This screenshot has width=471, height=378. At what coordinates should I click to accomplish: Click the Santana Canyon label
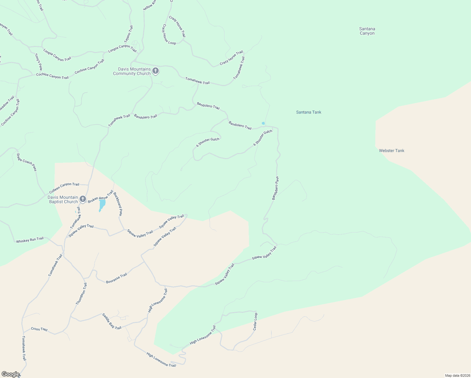pos(367,31)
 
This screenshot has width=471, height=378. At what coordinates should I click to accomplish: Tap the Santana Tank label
pos(309,112)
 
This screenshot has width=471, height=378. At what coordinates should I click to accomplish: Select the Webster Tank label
pos(391,151)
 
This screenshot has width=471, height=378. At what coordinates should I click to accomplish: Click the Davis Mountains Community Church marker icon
pos(155,71)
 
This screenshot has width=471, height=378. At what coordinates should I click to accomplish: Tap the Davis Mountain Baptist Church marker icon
pos(82,199)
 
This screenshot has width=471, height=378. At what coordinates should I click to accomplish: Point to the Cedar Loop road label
pos(255,322)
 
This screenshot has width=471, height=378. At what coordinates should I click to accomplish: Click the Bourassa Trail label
pos(116,278)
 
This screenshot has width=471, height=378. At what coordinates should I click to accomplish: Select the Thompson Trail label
pos(81,294)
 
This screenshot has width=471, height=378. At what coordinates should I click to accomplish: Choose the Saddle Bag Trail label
pos(111,321)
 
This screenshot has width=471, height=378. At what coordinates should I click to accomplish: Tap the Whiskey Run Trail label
pos(30,240)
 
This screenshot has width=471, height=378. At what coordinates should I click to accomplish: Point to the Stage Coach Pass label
pos(26,162)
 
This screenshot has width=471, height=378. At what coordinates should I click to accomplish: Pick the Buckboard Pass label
pos(117,204)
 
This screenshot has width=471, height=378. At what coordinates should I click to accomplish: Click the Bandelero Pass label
pos(275,188)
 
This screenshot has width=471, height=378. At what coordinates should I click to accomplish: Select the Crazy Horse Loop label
pos(169,35)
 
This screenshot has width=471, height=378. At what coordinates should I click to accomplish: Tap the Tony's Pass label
pos(38,62)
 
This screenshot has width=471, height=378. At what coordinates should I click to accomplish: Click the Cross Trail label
pos(39,329)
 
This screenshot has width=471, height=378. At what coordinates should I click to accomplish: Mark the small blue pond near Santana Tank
pos(263,123)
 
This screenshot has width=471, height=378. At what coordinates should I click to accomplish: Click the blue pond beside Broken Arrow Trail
pos(102,205)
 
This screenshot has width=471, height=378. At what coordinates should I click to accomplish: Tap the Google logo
pos(10,374)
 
